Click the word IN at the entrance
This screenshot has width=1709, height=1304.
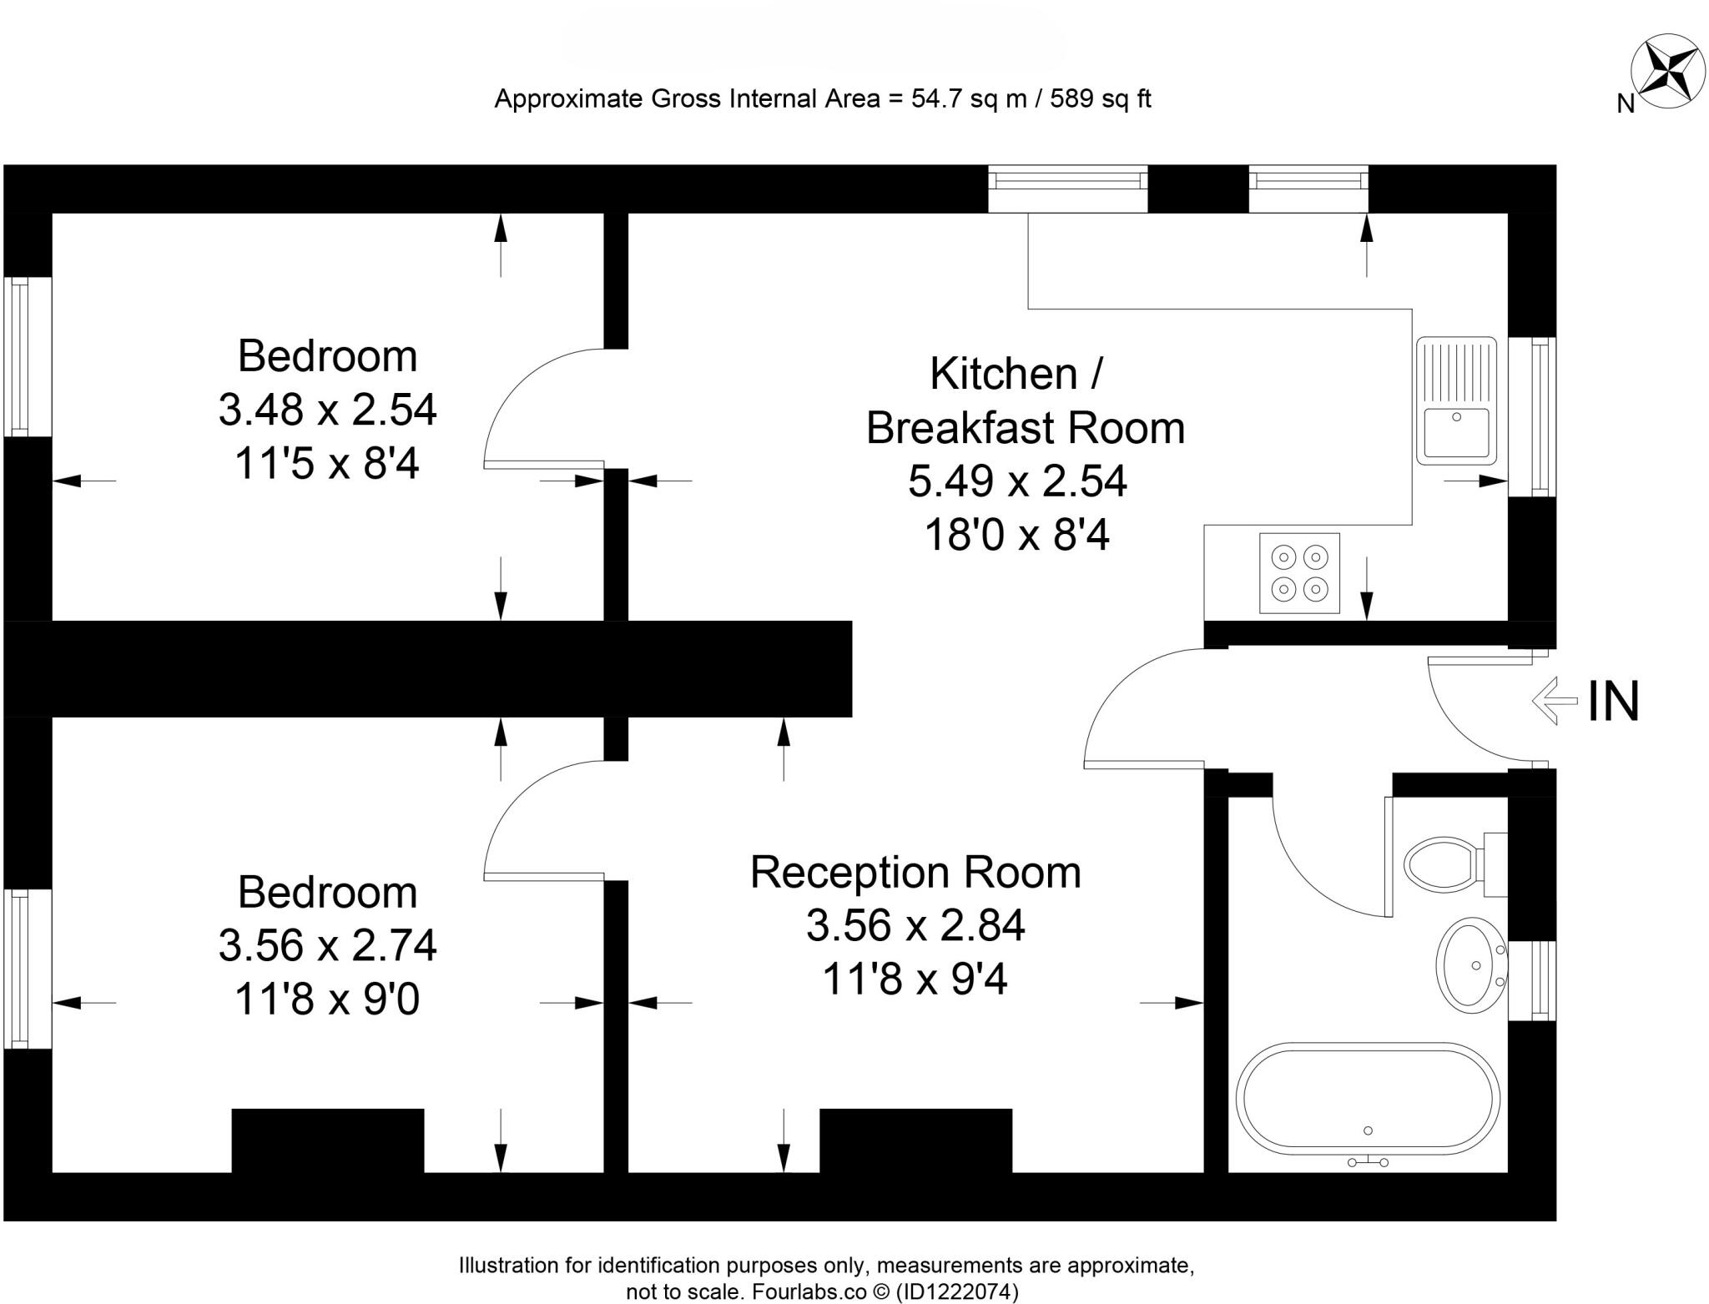1613,702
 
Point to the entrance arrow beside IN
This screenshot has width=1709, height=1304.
1555,702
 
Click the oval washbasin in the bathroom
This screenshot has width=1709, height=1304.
1470,965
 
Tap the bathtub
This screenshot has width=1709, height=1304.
1368,1098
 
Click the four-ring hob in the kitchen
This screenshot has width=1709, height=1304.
1299,573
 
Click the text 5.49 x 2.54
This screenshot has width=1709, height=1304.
1017,481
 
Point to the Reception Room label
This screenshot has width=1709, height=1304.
915,873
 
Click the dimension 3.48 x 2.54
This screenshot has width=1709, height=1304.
327,410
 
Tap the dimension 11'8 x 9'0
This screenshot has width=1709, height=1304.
327,999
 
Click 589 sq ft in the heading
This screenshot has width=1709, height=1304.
1100,99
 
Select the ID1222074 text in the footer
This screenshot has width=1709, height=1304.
957,1292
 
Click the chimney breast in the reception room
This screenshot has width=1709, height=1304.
915,1140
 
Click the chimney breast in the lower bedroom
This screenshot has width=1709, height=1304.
327,1140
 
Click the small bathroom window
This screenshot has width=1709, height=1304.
1532,980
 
